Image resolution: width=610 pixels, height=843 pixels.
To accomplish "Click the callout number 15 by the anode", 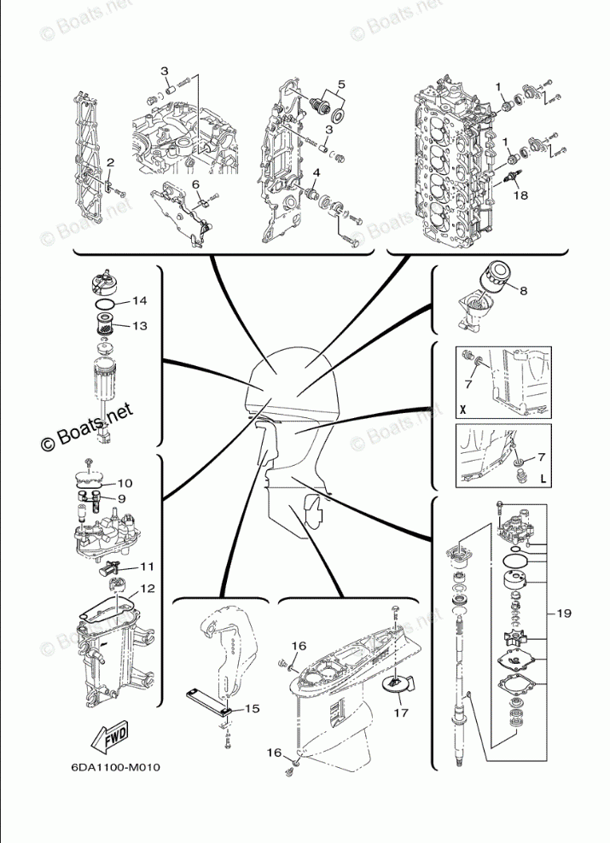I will [x=252, y=708].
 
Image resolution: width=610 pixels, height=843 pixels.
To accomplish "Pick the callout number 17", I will [x=400, y=709].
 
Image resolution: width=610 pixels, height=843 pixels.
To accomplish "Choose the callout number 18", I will [x=520, y=195].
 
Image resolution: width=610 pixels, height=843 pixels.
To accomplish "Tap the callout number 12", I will [x=148, y=589].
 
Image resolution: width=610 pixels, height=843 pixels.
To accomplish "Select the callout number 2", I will [x=109, y=162].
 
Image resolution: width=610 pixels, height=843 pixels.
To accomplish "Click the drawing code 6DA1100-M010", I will [x=116, y=766].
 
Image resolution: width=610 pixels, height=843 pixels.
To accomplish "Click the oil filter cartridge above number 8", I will [x=495, y=276].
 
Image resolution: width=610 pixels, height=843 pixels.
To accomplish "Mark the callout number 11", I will [x=147, y=566].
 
